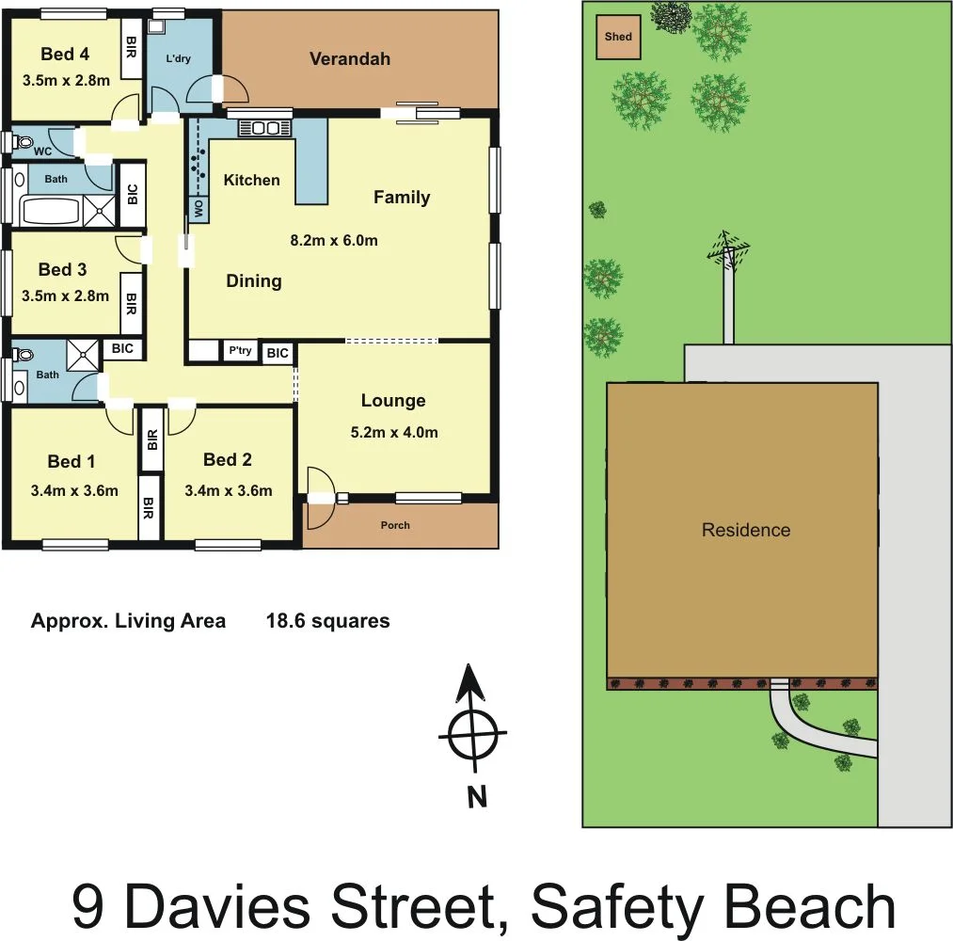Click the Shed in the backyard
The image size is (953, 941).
(x=618, y=38)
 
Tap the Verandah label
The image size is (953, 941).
(x=350, y=59)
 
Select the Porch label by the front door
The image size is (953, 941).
(x=395, y=525)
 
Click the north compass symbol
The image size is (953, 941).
(x=472, y=735)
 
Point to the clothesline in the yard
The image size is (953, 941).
(x=728, y=252)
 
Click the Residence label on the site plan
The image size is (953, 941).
(x=746, y=530)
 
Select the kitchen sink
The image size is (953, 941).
(x=265, y=128)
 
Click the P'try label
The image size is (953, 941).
(x=240, y=351)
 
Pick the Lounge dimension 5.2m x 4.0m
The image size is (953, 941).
(x=393, y=433)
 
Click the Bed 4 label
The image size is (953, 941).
(x=65, y=55)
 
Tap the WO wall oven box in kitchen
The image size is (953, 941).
(x=199, y=209)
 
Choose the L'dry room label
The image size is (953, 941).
(x=179, y=58)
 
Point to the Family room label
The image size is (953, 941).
(x=402, y=197)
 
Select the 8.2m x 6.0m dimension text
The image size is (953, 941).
(x=334, y=240)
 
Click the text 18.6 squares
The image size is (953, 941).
(x=327, y=621)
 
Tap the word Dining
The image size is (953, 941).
(x=254, y=280)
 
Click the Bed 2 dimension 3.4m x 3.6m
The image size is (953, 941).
(x=229, y=490)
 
